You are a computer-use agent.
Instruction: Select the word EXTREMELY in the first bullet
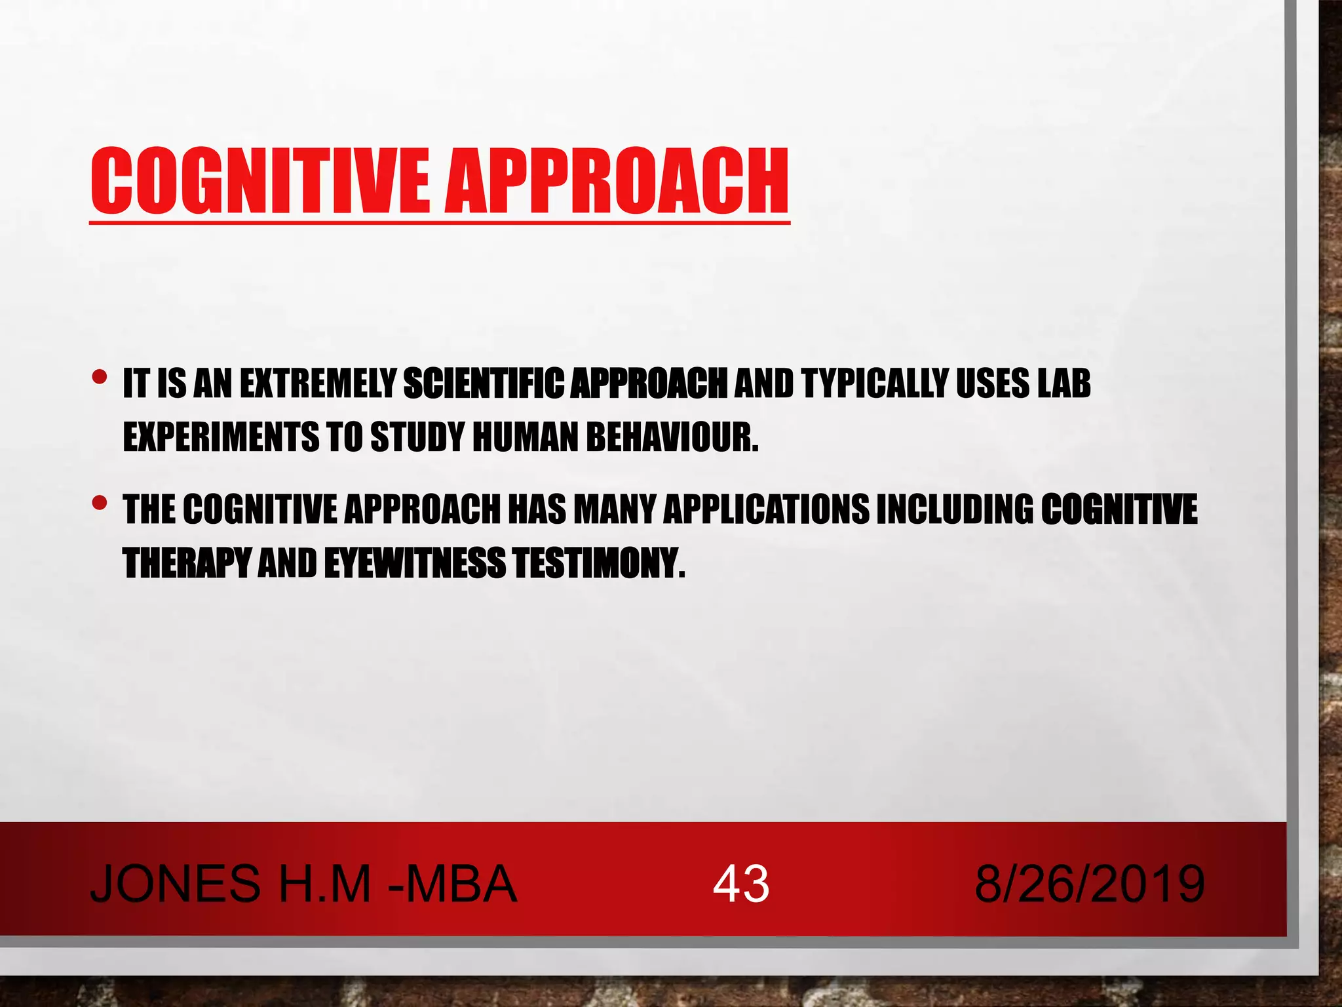pos(318,384)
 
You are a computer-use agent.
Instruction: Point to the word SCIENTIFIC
pos(484,384)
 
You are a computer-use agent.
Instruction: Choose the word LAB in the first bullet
pos(1064,384)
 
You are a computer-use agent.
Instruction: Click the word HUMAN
pos(526,437)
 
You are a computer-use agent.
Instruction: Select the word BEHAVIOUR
pos(672,437)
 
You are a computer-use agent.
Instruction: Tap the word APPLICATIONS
pos(767,510)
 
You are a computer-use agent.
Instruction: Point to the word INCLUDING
pos(955,510)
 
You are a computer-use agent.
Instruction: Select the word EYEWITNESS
pos(415,563)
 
